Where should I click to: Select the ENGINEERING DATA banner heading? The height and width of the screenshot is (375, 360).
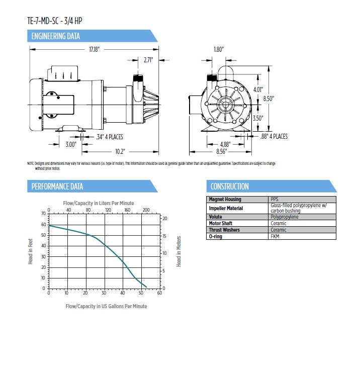pos(55,36)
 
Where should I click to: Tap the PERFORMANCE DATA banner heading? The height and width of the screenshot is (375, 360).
pos(57,186)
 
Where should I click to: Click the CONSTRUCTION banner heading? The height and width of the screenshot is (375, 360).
pos(229,186)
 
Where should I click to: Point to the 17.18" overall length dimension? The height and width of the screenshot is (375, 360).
pos(95,49)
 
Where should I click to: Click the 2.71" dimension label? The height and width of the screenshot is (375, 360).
pos(148,60)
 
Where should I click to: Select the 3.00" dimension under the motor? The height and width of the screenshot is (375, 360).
pos(70,144)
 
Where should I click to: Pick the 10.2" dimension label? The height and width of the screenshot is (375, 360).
pos(119,151)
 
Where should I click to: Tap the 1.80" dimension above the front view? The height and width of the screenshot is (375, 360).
pos(218,49)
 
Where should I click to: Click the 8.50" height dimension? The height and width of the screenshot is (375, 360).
pos(268,99)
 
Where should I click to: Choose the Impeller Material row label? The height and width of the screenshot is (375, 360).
pos(226,208)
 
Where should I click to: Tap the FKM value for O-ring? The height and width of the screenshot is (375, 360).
pos(275,236)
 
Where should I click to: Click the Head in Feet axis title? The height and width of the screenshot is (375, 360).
pos(30,251)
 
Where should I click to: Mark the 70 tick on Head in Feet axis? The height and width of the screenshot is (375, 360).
pos(43,214)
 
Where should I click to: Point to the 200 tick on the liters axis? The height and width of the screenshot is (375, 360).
pos(146,210)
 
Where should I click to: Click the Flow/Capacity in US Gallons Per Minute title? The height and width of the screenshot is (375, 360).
pos(106,306)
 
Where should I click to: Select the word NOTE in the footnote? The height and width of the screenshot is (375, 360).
pos(31,163)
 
